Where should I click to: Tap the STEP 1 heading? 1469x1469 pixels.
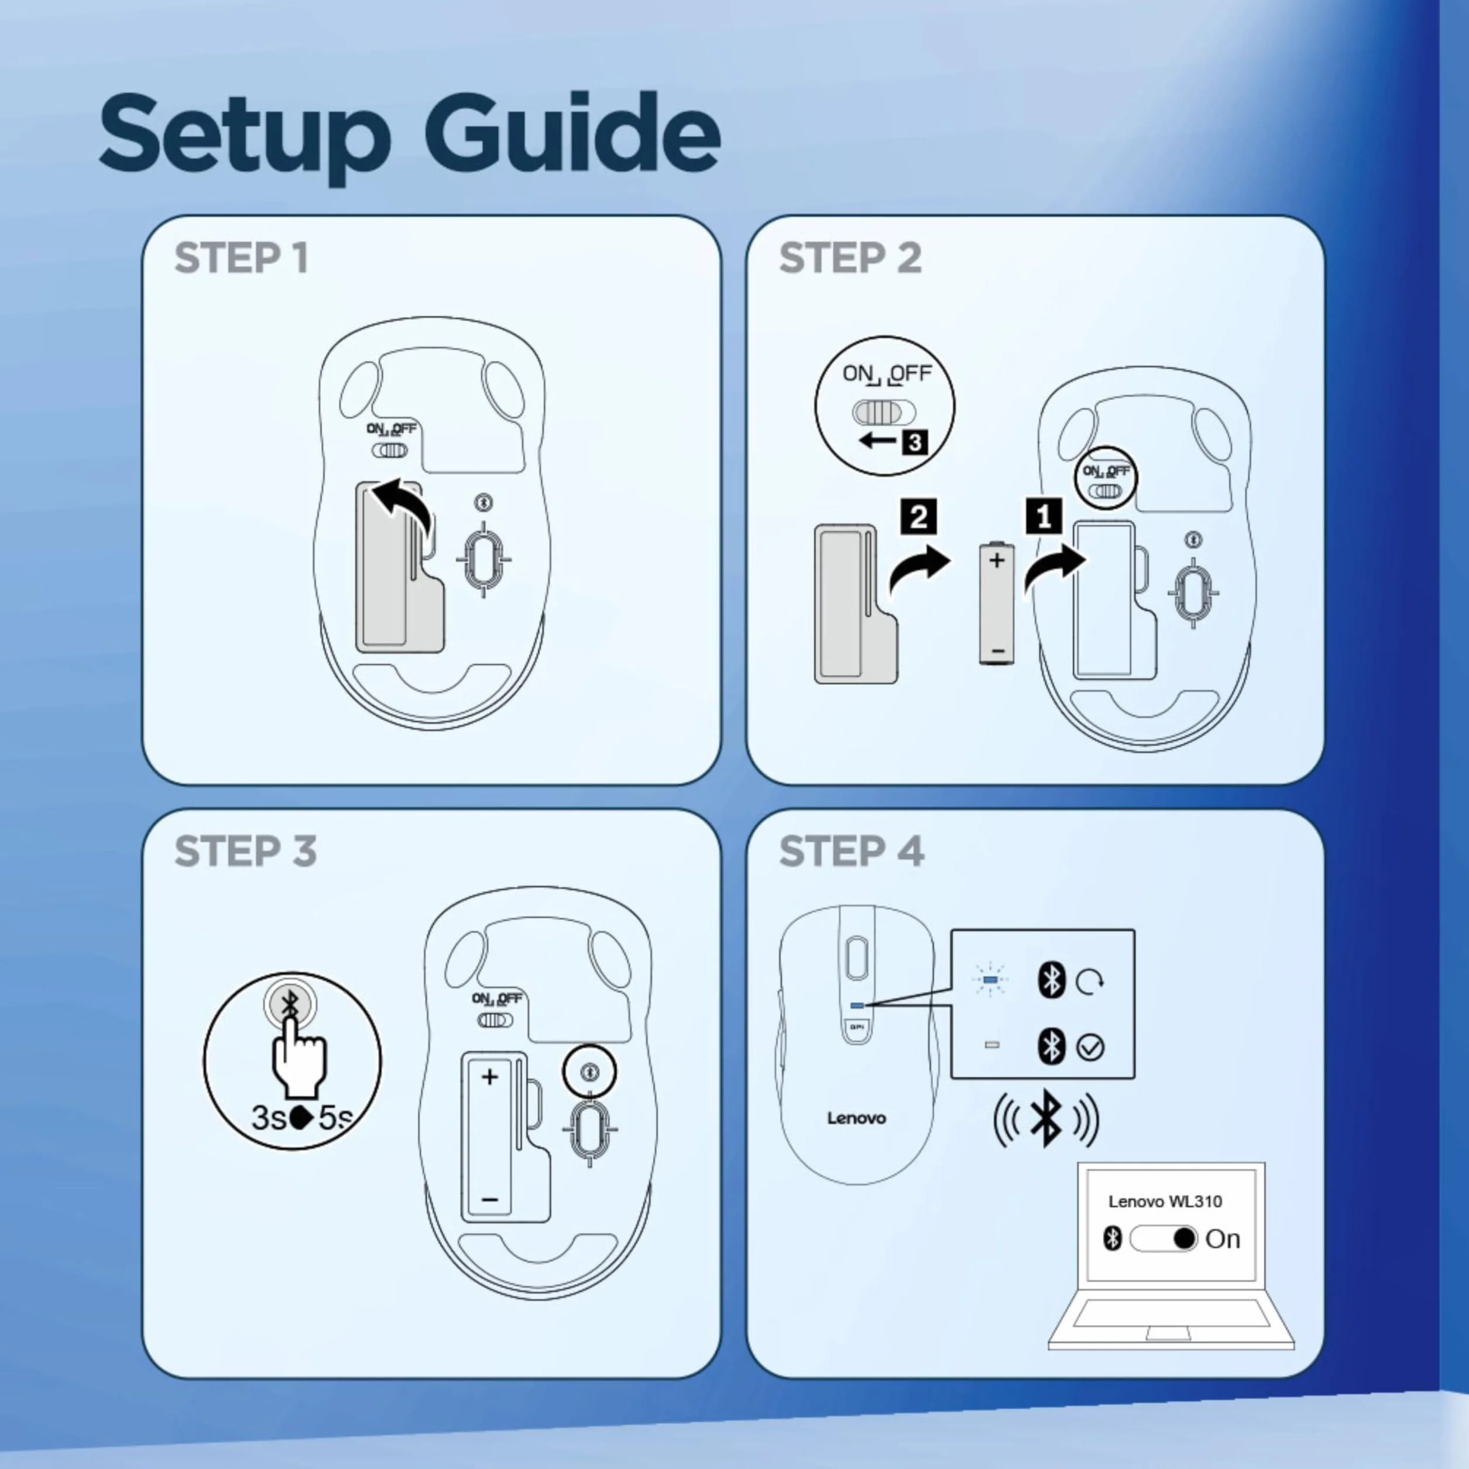coord(242,259)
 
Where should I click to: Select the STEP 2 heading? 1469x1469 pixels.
coord(850,259)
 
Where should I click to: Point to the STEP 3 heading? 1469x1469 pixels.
coord(245,851)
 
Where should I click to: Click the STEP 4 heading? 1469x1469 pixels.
coord(852,851)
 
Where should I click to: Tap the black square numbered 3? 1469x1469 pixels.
coord(915,442)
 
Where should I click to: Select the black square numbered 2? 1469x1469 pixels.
coord(918,517)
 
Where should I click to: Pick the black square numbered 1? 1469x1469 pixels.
coord(1044,517)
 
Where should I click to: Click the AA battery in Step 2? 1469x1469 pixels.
coord(997,603)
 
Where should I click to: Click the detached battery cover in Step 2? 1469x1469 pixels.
coord(856,603)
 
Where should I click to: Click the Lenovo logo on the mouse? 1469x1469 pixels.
coord(856,1118)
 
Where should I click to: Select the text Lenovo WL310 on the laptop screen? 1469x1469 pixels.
coord(1165,1202)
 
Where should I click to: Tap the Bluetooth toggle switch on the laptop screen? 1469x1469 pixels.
coord(1164,1238)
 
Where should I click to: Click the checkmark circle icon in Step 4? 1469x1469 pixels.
coord(1090,1048)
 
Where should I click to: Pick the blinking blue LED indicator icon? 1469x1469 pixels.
coord(990,981)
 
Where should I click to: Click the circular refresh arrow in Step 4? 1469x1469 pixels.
coord(1090,981)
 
